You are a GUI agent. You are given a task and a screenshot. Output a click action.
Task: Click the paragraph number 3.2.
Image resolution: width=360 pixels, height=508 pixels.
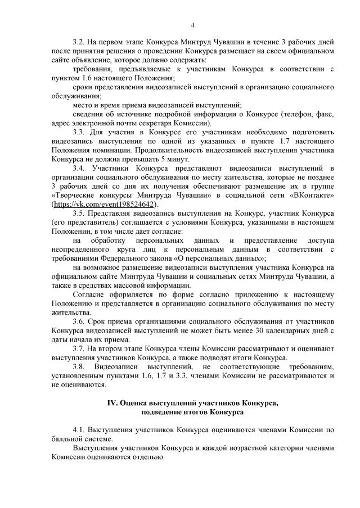click(79, 42)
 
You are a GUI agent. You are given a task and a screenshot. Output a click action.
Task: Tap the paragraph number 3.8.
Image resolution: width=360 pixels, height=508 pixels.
click(79, 365)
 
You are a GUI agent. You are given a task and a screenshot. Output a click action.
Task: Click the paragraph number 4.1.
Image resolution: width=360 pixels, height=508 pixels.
click(79, 429)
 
